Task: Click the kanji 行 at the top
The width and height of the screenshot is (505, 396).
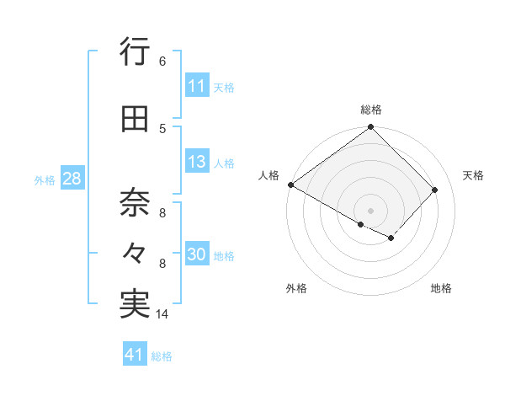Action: (x=135, y=54)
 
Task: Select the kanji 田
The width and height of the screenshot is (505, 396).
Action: (x=135, y=120)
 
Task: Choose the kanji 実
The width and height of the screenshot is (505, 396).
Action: (x=135, y=304)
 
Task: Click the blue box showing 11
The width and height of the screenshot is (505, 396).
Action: (x=197, y=86)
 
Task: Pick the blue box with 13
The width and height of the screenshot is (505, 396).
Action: (x=197, y=163)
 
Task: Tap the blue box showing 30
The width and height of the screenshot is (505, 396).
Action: (x=197, y=255)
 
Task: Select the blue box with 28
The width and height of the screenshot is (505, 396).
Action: (x=72, y=179)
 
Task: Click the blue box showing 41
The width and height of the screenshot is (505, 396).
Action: (x=135, y=356)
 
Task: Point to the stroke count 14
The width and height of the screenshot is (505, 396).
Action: (x=162, y=314)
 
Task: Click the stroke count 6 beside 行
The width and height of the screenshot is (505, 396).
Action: (x=162, y=62)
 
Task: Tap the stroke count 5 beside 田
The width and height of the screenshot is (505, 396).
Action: (x=162, y=129)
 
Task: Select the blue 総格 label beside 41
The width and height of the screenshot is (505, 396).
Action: (x=162, y=356)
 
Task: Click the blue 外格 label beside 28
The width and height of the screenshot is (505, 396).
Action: (x=45, y=179)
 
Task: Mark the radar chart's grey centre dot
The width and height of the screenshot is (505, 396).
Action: (x=370, y=210)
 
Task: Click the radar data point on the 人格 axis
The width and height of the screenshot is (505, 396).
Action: (x=290, y=185)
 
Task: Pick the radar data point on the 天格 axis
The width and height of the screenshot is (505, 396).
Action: (x=435, y=190)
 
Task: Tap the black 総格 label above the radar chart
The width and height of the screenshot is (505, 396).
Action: (x=371, y=110)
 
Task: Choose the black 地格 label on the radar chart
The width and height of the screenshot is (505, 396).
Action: (x=441, y=288)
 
